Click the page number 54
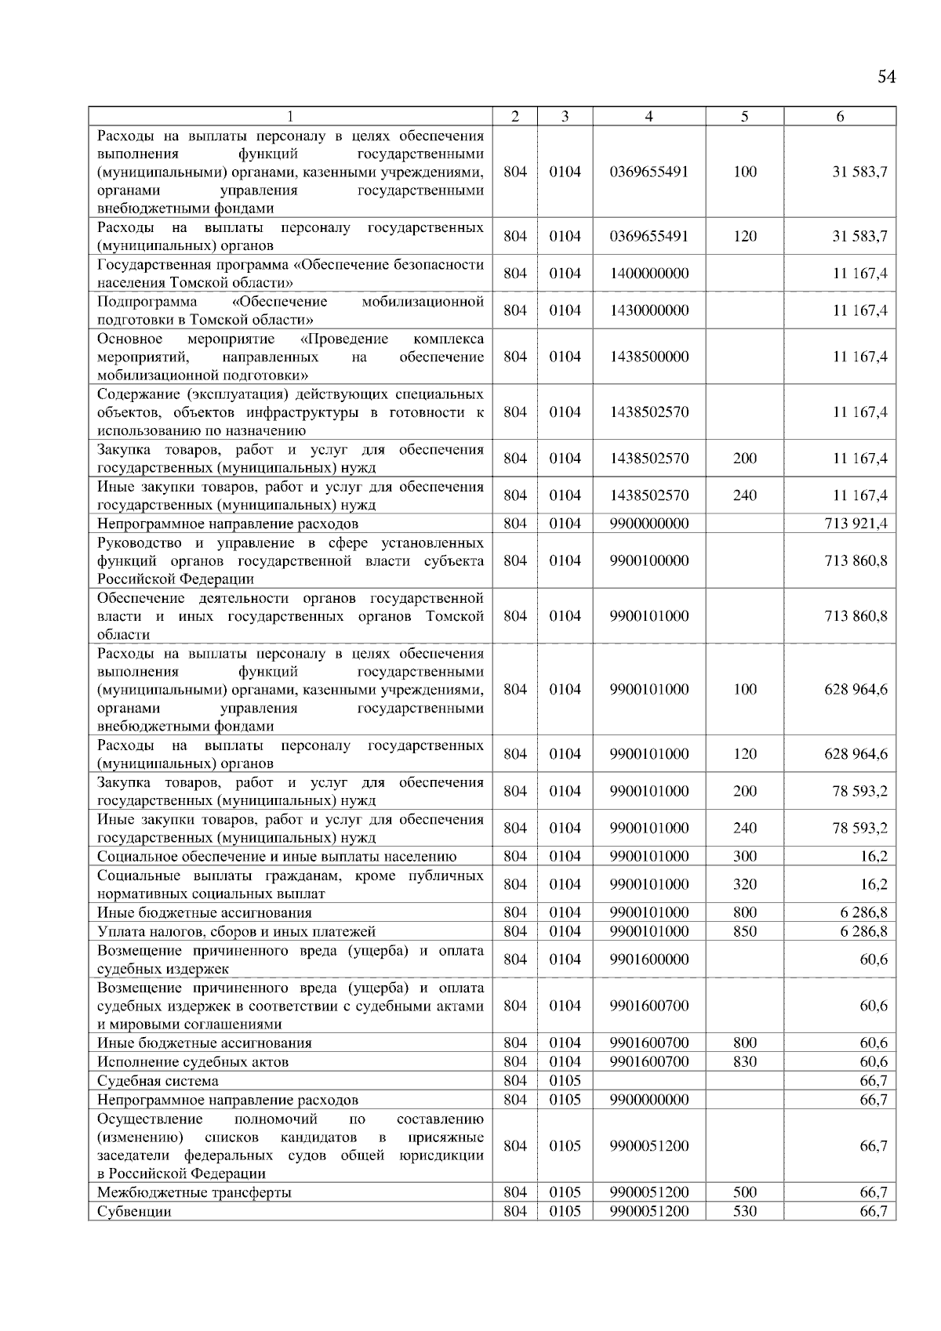(x=886, y=77)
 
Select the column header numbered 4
(x=649, y=117)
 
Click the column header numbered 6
(x=840, y=117)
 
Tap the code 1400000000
(x=649, y=274)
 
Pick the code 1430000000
(x=649, y=310)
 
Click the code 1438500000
(x=649, y=357)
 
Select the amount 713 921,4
(x=856, y=524)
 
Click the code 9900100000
(x=649, y=560)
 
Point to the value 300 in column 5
(x=744, y=857)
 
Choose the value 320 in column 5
(x=744, y=884)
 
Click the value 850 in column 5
(x=744, y=931)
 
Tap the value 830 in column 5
(x=744, y=1062)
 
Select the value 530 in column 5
(x=744, y=1211)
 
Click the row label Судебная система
(x=158, y=1081)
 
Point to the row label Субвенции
(x=134, y=1211)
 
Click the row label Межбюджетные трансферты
(x=194, y=1192)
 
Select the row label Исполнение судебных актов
(x=192, y=1062)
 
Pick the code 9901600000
(x=649, y=959)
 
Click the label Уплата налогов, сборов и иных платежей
(x=236, y=931)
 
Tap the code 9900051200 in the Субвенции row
(x=649, y=1211)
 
